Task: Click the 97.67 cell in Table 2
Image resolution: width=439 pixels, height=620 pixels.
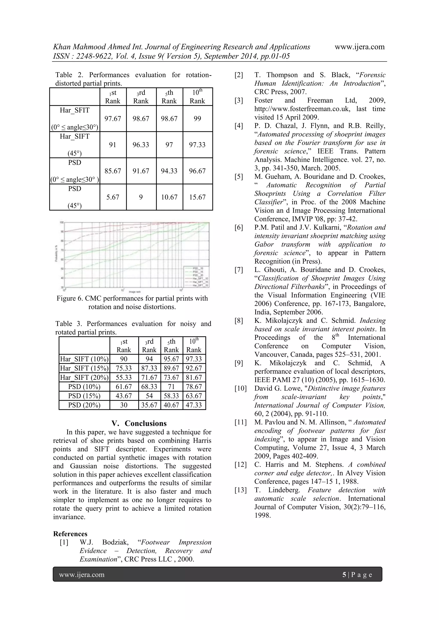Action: [x=113, y=119]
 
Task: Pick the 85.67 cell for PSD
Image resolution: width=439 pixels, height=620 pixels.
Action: [x=113, y=171]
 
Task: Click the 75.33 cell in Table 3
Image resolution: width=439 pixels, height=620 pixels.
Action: [x=124, y=368]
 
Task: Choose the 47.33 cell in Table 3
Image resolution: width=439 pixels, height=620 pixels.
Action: [x=194, y=405]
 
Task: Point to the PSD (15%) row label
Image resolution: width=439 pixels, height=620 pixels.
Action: [x=84, y=396]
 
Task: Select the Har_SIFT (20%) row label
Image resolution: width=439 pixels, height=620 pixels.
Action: [x=84, y=378]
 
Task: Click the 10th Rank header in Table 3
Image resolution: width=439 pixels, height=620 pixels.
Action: [x=194, y=345]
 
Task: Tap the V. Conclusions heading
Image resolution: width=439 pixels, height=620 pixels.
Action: [x=139, y=423]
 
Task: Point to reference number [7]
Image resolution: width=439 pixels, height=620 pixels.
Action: [x=239, y=270]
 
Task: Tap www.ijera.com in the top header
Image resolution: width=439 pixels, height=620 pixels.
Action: [x=359, y=47]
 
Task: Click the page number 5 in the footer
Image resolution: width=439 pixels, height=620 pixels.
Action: [x=344, y=574]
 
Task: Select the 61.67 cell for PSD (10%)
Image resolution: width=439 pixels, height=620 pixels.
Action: [x=124, y=387]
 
